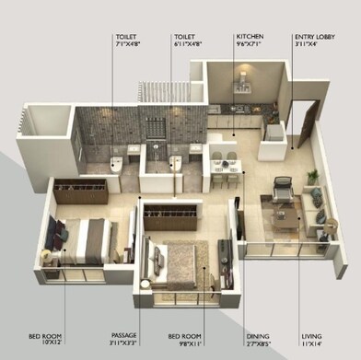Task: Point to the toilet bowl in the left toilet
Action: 114,164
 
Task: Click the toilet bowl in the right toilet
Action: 175,163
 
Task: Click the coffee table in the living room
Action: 285,217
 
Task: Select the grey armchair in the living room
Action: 282,188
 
